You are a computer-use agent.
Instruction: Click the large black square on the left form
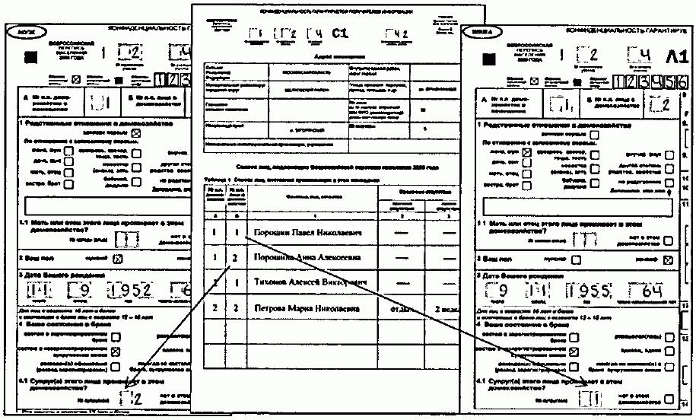click(30, 56)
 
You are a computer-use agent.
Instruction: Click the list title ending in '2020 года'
click(328, 167)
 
